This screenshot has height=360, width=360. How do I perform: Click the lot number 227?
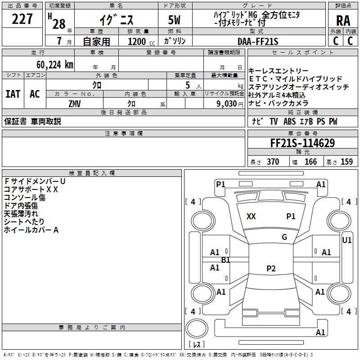coord(22,19)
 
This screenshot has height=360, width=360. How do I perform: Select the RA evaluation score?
coord(343,21)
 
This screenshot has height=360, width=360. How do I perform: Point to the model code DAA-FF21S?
coord(258,41)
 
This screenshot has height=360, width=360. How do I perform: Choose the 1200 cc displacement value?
coord(137,41)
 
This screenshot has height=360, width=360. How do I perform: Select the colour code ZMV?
coord(75,103)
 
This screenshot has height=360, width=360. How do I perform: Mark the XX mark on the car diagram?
coord(251,216)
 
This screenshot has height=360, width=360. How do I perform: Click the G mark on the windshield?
coord(284,237)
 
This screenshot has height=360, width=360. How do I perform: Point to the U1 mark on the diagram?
coord(347,240)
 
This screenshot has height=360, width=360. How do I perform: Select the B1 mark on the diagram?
coord(226,260)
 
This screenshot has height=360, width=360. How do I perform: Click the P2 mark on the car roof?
coord(271,269)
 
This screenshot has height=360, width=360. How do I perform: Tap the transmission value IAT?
coord(13,94)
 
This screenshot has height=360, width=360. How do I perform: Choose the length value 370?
coord(273,162)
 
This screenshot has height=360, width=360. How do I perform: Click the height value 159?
coord(346,162)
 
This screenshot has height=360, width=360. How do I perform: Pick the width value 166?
coord(310,162)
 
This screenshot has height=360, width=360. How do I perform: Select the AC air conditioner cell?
coord(35,94)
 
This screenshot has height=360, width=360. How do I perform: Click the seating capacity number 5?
coord(187,85)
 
